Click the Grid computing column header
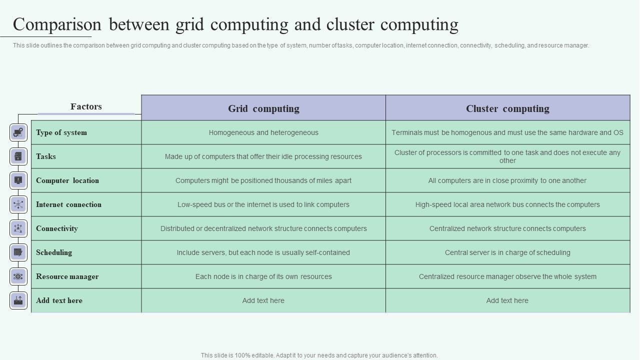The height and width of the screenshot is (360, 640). pyautogui.click(x=263, y=108)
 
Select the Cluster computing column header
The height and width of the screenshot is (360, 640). pyautogui.click(x=507, y=108)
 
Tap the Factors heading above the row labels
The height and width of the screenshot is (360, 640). pyautogui.click(x=86, y=106)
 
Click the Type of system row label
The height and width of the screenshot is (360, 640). pyautogui.click(x=61, y=132)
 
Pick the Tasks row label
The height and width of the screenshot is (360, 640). pyautogui.click(x=46, y=156)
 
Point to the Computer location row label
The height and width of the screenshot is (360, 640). pyautogui.click(x=67, y=180)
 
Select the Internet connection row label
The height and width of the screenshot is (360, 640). pyautogui.click(x=68, y=204)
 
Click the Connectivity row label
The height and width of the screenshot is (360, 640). pyautogui.click(x=57, y=228)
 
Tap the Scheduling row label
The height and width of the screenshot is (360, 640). pyautogui.click(x=54, y=252)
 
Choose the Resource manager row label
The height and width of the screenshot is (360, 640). pyautogui.click(x=67, y=276)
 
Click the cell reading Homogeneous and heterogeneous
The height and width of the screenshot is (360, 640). pyautogui.click(x=263, y=132)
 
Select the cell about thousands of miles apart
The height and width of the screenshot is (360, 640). pyautogui.click(x=263, y=180)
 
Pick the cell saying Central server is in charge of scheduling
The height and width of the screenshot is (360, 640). pyautogui.click(x=507, y=252)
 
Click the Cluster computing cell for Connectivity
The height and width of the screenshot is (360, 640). pyautogui.click(x=507, y=228)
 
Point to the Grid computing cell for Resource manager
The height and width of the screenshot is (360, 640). pyautogui.click(x=263, y=276)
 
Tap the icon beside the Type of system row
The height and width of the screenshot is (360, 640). pyautogui.click(x=18, y=132)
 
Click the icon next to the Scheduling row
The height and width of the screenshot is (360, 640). pyautogui.click(x=18, y=252)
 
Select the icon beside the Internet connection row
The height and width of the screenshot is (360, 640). pyautogui.click(x=18, y=204)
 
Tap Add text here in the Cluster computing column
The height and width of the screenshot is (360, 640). pyautogui.click(x=507, y=300)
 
